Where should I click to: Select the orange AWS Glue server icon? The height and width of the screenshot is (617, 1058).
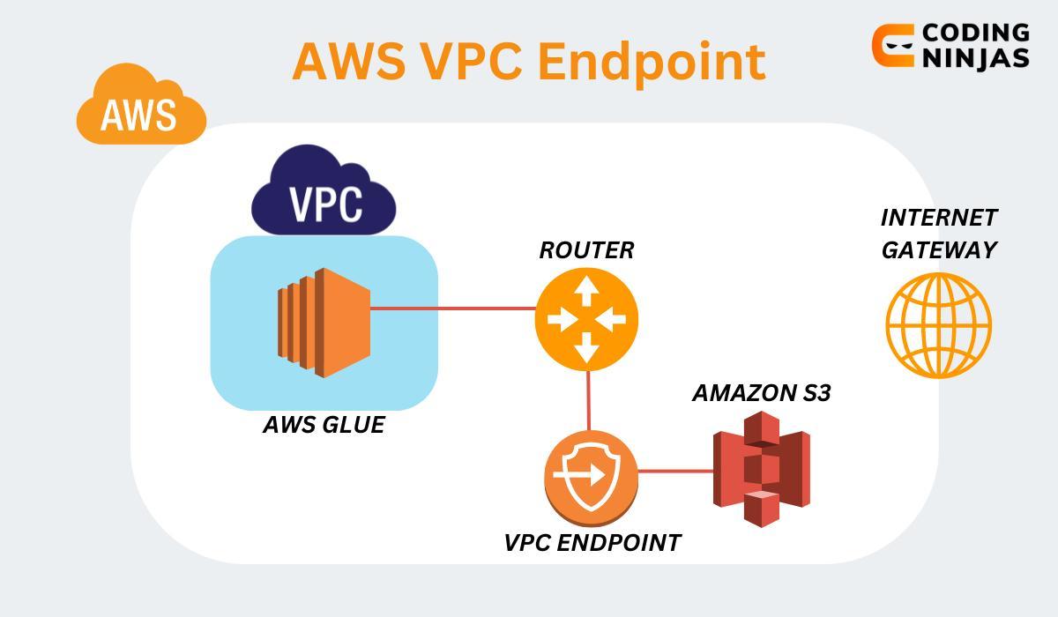click(323, 323)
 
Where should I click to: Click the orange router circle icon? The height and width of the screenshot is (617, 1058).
click(585, 319)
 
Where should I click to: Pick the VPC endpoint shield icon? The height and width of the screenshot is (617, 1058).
click(590, 476)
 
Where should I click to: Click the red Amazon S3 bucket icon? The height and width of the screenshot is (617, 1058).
click(761, 470)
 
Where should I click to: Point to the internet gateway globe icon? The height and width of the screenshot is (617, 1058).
click(938, 325)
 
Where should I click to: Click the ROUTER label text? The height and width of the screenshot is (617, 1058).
click(586, 250)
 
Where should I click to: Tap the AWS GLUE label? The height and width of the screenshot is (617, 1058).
click(324, 425)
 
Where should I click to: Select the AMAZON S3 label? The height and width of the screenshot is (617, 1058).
click(761, 393)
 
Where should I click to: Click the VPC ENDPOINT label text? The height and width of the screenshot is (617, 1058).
click(592, 543)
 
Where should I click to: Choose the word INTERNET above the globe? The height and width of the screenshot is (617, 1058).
click(938, 218)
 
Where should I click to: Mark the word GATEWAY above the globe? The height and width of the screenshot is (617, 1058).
click(938, 250)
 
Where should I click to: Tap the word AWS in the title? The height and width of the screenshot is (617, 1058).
click(348, 62)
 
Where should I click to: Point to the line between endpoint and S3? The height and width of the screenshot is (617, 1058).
click(675, 472)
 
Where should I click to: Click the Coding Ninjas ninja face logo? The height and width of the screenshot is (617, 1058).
click(892, 46)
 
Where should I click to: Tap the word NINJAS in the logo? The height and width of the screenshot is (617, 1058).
click(975, 58)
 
